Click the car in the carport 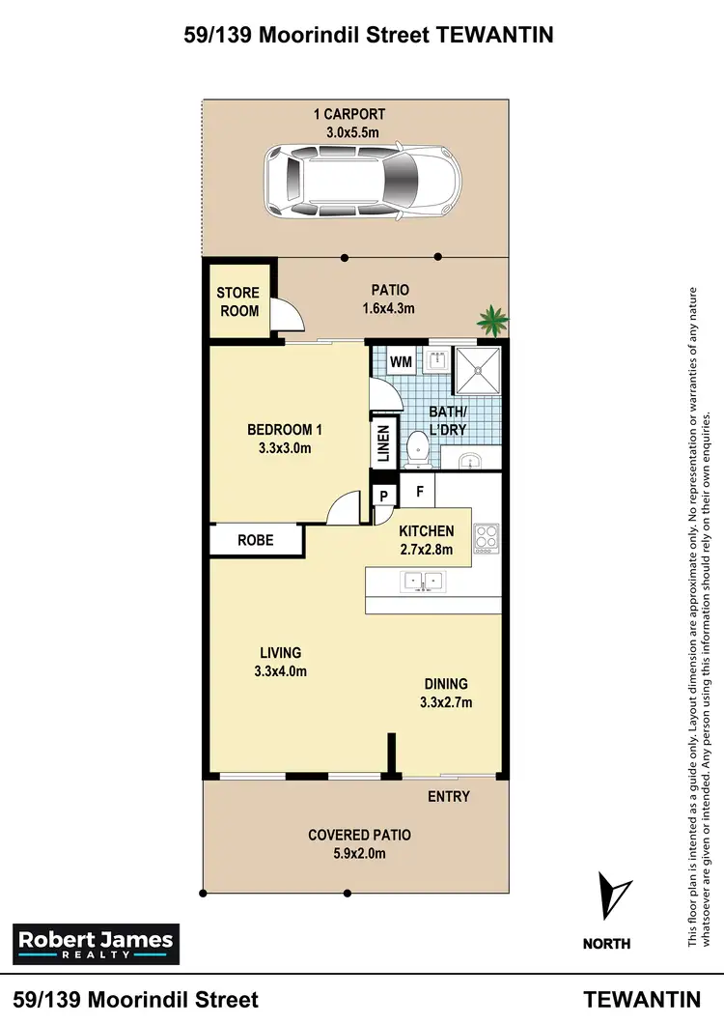[363, 183]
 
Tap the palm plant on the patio [493, 320]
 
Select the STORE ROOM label [237, 301]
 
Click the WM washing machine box [402, 361]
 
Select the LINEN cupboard [383, 444]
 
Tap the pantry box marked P [383, 497]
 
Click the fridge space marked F [420, 491]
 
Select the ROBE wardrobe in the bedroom [256, 541]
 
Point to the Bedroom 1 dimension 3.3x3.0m [284, 448]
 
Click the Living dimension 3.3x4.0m [280, 671]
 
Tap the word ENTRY [448, 796]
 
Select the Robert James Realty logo [95, 943]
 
